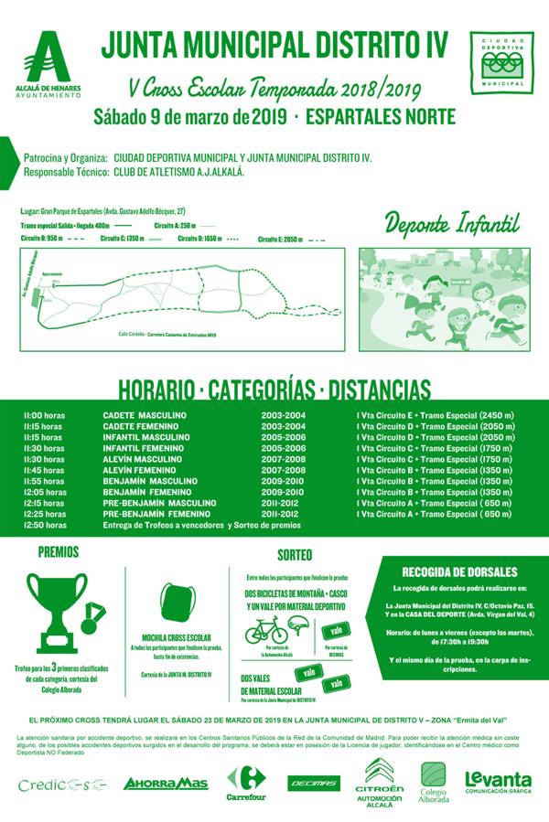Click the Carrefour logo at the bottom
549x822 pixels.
[246, 783]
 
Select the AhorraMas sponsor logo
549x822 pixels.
[166, 783]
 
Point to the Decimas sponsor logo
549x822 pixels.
[314, 783]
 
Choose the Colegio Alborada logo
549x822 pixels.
[434, 783]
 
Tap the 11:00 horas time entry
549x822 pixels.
[44, 416]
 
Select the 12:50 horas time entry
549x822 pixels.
[44, 526]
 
